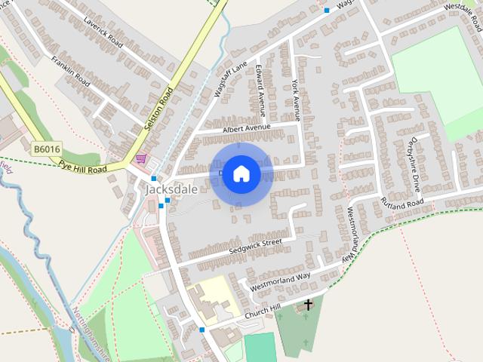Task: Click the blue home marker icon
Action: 241,174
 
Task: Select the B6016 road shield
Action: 46,149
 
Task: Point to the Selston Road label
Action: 158,110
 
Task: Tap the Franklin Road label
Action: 70,69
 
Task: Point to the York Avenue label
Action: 295,100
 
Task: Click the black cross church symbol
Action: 308,305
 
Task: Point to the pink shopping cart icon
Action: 141,159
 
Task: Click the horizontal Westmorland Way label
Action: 280,281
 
